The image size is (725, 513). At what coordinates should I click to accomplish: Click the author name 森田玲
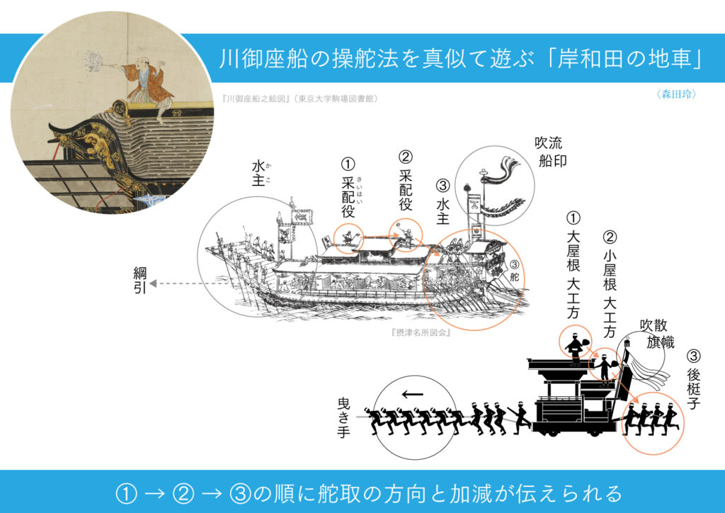676,94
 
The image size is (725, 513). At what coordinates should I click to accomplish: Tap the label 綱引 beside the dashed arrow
139,281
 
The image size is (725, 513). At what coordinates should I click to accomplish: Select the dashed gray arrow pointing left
190,283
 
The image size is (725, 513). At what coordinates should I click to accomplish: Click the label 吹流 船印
550,151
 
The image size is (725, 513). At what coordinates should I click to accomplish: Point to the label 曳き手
343,418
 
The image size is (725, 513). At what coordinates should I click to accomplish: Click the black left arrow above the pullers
413,394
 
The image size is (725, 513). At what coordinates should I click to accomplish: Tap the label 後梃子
694,380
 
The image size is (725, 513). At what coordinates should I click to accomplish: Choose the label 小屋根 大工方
610,284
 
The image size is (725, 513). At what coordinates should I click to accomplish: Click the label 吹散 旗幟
656,334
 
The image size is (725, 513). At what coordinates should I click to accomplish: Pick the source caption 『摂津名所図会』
421,332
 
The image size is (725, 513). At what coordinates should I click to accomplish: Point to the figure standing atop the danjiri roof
575,348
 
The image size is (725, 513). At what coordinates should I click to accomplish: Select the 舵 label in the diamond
514,276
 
